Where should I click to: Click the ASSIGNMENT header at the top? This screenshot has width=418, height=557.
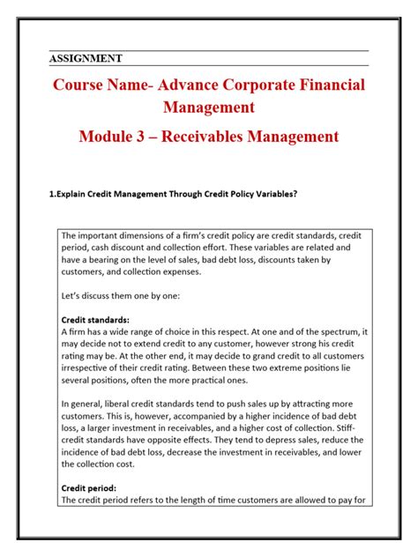[x=85, y=59]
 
